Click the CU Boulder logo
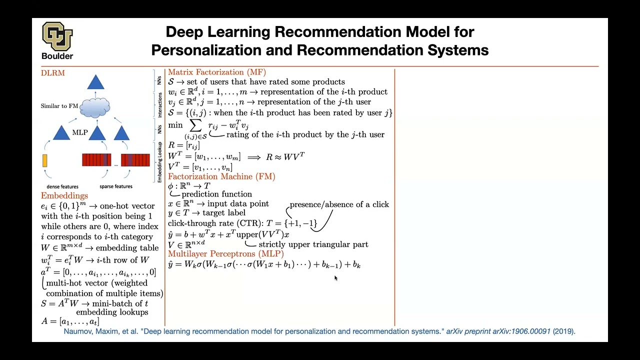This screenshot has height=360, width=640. [x=57, y=40]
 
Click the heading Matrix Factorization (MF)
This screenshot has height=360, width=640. [x=217, y=72]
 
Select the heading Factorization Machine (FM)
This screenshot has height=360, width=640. [x=221, y=176]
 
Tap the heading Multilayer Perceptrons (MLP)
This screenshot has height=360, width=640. [x=226, y=254]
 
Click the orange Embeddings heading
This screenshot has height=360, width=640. [x=64, y=195]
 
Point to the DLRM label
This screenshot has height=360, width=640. [x=52, y=73]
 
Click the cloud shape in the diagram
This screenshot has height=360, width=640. [x=94, y=107]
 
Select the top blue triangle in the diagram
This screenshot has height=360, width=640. [x=95, y=82]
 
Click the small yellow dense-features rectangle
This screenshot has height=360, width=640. [x=45, y=160]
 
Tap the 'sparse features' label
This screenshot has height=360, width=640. [x=116, y=186]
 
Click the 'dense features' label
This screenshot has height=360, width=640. [x=62, y=186]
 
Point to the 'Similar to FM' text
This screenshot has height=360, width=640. [x=59, y=106]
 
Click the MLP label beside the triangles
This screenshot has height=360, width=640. [x=80, y=132]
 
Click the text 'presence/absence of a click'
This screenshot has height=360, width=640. [x=339, y=204]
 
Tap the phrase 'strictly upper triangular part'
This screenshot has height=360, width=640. [x=313, y=244]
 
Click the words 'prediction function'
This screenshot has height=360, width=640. [x=216, y=194]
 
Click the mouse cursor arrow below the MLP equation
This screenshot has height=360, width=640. [x=335, y=278]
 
